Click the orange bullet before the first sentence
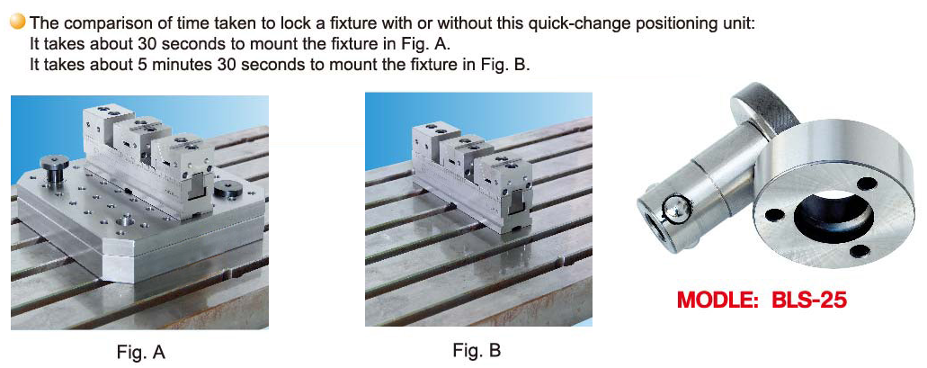pos(18,23)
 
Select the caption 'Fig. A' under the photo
pos(140,353)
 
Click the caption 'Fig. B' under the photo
pos(477,350)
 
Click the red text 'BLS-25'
pos(809,300)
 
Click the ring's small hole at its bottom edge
pos(860,250)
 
